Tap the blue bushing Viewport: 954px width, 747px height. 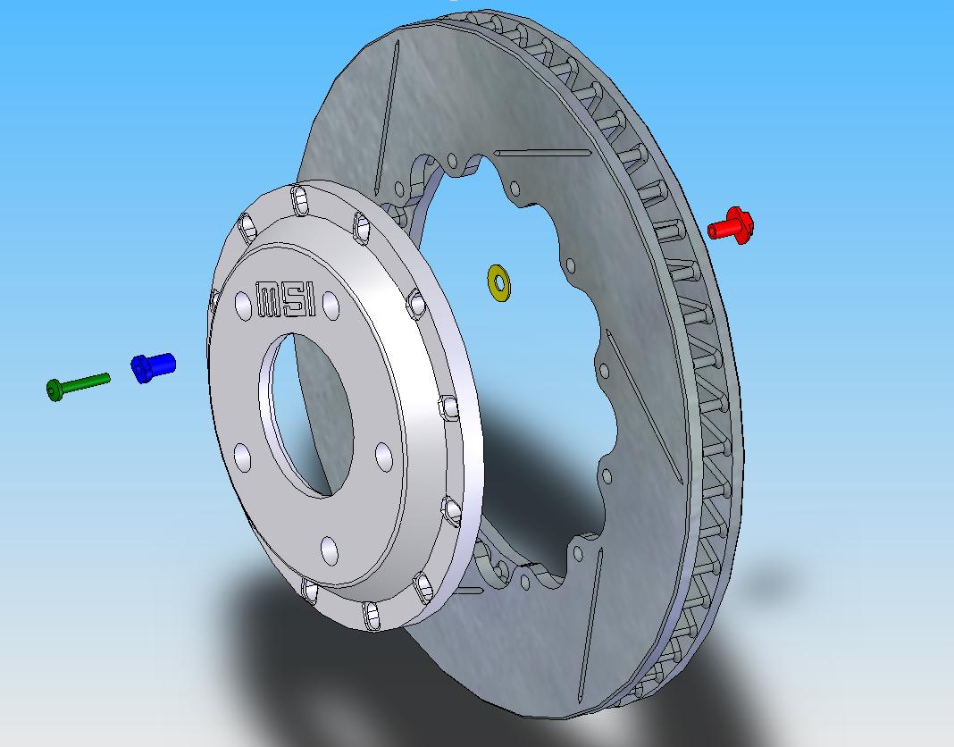click(x=155, y=365)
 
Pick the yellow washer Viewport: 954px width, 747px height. click(x=499, y=281)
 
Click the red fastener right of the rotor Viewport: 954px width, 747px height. click(x=732, y=224)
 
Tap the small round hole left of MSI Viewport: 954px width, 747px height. click(x=243, y=306)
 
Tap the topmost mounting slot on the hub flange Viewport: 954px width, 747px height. click(x=301, y=201)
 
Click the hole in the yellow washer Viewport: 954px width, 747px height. click(x=499, y=281)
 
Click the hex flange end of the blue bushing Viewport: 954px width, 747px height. click(x=141, y=369)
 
